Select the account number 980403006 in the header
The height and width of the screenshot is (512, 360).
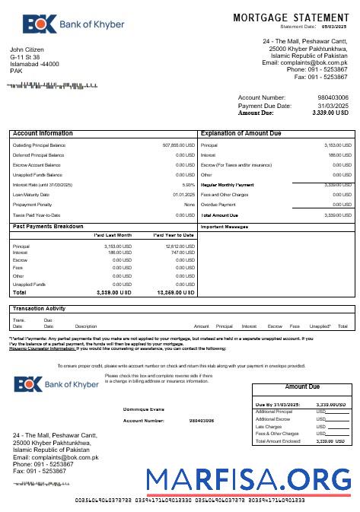pyautogui.click(x=333, y=98)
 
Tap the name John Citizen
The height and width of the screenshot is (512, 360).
pyautogui.click(x=27, y=49)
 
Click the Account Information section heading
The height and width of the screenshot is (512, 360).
pyautogui.click(x=43, y=133)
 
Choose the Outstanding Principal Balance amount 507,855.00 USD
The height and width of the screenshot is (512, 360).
pyautogui.click(x=179, y=145)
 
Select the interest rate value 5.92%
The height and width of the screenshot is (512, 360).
pyautogui.click(x=188, y=185)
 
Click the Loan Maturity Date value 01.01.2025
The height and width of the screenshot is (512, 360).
pyautogui.click(x=183, y=195)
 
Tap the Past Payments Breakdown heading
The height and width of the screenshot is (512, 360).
pyautogui.click(x=49, y=227)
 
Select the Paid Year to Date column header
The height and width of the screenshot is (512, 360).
pyautogui.click(x=174, y=236)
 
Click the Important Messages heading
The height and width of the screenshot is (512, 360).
pyautogui.click(x=225, y=227)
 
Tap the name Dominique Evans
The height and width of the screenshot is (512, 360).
pyautogui.click(x=143, y=409)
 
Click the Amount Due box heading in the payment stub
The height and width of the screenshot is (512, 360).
pyautogui.click(x=301, y=387)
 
